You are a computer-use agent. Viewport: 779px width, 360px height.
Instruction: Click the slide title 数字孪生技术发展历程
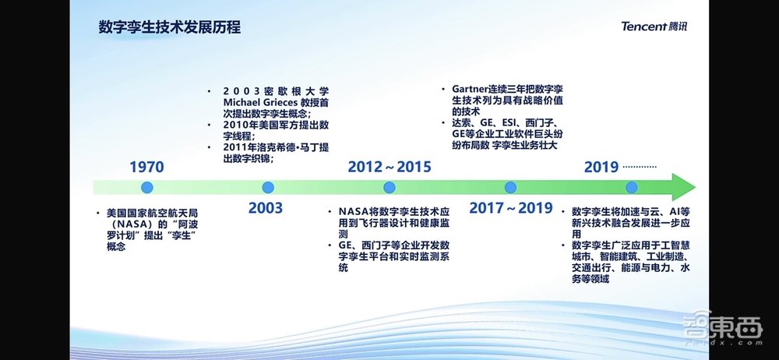[x=169, y=27]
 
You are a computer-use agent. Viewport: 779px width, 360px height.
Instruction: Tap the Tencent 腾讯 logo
[x=654, y=26]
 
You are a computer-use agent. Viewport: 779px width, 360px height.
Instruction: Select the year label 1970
[x=146, y=167]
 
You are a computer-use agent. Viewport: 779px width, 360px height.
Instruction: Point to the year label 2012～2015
[x=389, y=167]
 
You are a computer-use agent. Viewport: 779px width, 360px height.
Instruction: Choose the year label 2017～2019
[x=511, y=208]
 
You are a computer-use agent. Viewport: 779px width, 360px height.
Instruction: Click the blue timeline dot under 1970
[x=146, y=187]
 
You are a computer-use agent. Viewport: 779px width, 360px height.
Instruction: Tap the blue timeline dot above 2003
[x=267, y=187]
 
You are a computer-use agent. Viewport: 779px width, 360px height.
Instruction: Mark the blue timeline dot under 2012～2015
[x=389, y=187]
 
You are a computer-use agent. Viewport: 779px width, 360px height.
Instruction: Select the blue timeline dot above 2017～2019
[x=511, y=187]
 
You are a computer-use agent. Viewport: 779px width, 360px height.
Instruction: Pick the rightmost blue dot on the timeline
[x=632, y=187]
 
